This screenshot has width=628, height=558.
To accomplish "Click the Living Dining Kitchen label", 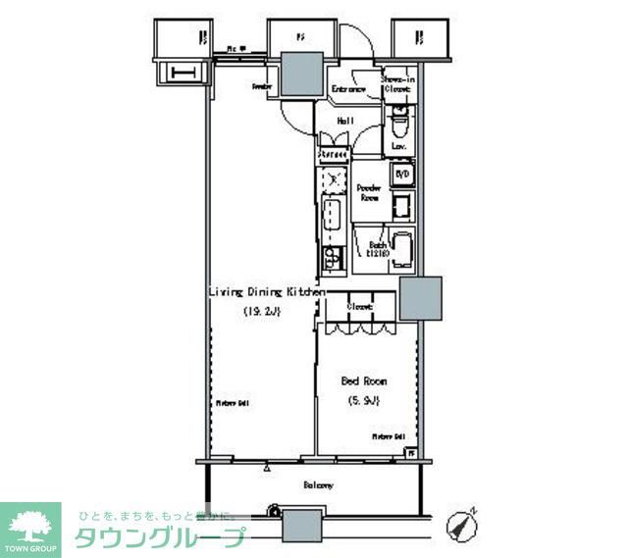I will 266,292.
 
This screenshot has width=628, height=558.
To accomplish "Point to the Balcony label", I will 317,484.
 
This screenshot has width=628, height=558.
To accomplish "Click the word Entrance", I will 348,90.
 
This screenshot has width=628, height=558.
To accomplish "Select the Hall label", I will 345,122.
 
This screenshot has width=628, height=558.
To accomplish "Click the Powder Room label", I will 368,192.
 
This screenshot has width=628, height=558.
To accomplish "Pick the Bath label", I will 377,247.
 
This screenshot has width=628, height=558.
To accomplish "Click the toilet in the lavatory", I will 399,127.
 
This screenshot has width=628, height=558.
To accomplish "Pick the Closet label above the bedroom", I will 359,307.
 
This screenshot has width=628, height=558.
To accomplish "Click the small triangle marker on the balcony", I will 266,470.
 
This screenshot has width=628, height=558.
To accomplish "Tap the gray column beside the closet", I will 419,299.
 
